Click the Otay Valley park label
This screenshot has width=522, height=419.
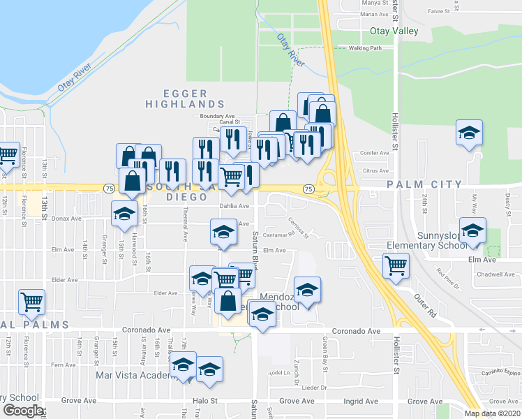tap(394, 31)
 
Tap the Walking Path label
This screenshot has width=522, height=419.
tap(366, 48)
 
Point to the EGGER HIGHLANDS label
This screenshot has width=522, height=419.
tap(177, 98)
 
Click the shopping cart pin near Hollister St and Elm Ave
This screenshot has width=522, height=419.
tap(396, 266)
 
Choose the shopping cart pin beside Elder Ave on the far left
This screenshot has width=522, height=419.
tap(31, 302)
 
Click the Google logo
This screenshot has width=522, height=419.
tap(22, 411)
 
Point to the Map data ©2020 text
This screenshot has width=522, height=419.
tap(493, 413)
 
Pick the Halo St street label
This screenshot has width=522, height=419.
tap(205, 402)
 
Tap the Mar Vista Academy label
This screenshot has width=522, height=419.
tap(133, 376)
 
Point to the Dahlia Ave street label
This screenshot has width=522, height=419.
tap(234, 206)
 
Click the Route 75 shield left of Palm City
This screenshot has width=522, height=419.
tap(307, 189)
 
